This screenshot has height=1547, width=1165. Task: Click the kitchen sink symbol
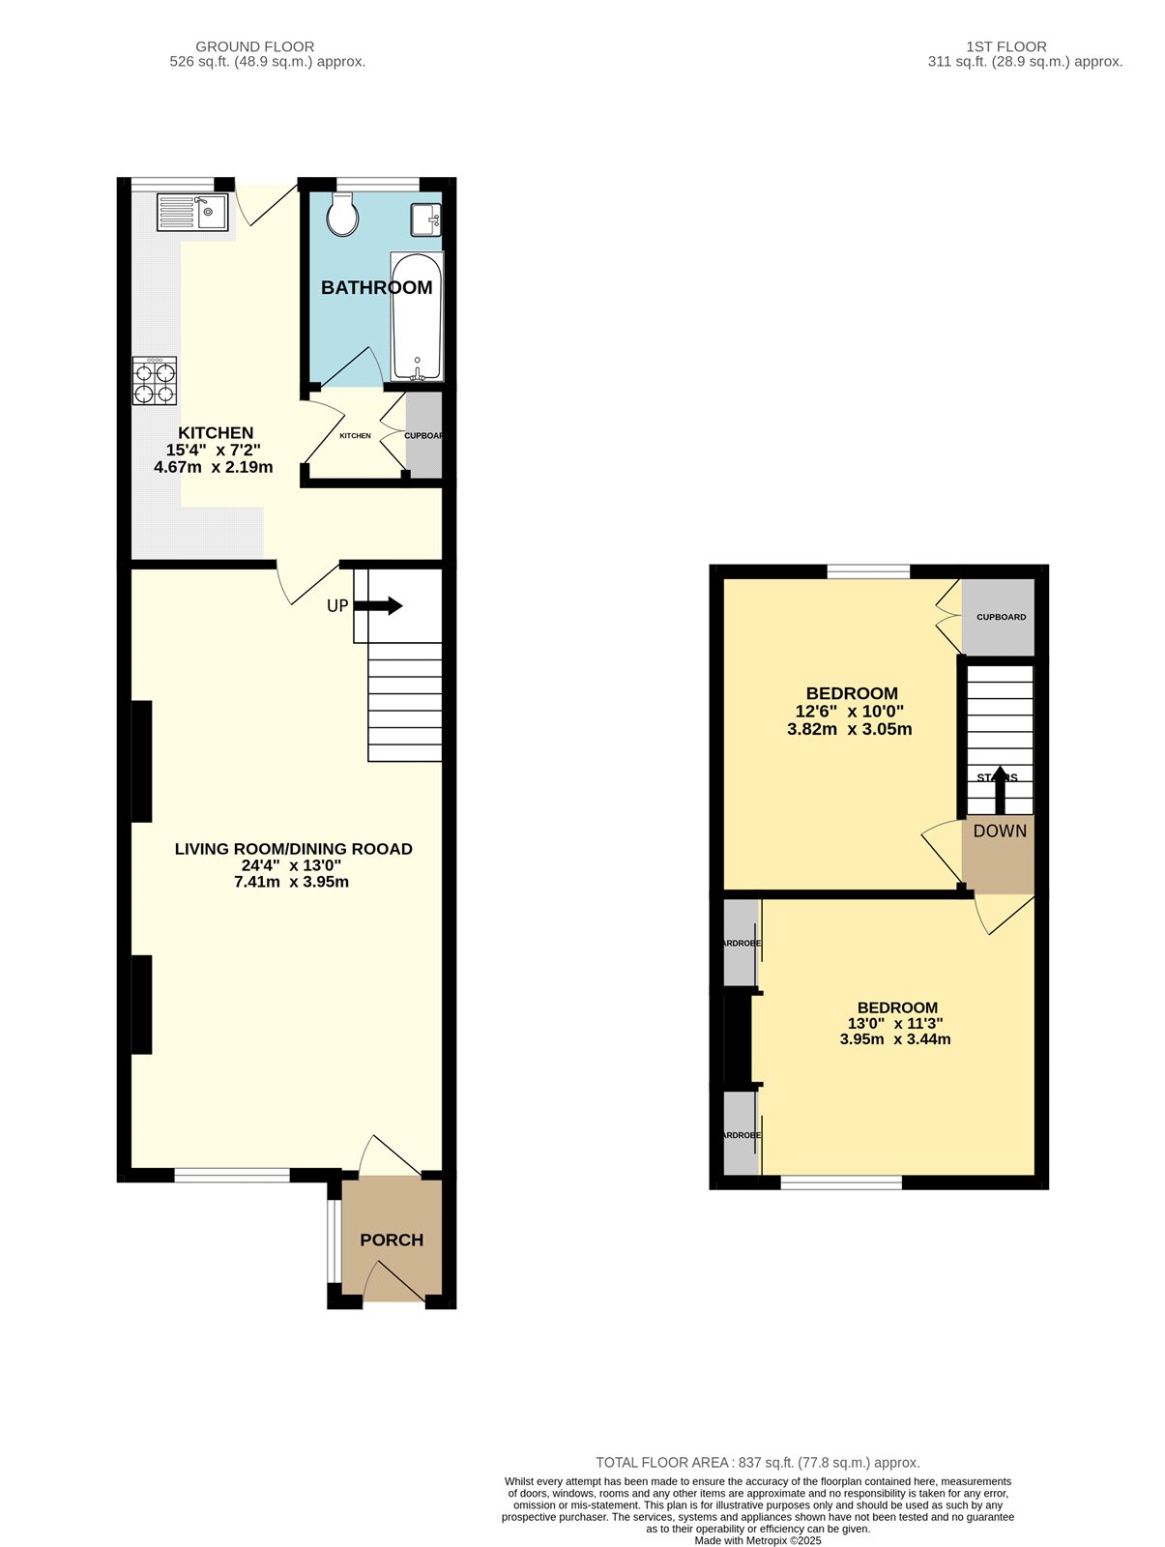[192, 212]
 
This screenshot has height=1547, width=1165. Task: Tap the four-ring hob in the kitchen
[156, 381]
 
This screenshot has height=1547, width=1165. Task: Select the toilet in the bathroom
[341, 215]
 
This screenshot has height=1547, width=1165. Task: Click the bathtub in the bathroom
[417, 317]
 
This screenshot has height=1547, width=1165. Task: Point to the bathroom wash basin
[425, 219]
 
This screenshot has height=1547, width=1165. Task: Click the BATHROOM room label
[376, 287]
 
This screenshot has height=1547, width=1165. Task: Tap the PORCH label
[392, 1240]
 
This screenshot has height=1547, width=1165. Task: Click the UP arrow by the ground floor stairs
[378, 606]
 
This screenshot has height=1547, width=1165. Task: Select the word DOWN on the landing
[1000, 831]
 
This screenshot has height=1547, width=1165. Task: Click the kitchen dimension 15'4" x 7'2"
[214, 450]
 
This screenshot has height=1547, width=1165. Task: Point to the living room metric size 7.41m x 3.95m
[291, 882]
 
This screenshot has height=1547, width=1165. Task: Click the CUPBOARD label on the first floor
[1001, 617]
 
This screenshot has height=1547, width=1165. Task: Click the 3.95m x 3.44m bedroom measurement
[895, 1039]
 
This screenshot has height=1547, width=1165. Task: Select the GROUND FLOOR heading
[255, 46]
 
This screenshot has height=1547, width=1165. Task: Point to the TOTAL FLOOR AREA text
[758, 1463]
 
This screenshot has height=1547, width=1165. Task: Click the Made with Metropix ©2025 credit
[758, 1540]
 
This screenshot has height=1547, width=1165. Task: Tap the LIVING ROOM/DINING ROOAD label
[293, 849]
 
